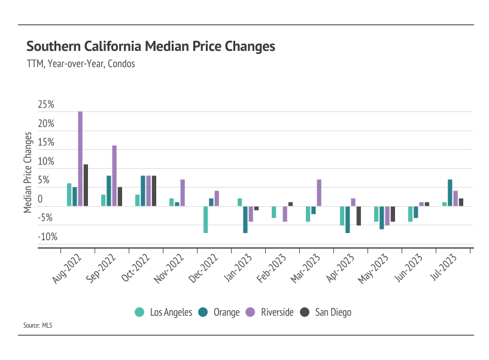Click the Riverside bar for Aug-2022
80,159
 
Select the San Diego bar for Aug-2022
86,185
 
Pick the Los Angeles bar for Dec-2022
205,219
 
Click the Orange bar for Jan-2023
245,219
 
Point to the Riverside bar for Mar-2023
319,193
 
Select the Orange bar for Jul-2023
450,193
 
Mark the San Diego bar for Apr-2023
359,216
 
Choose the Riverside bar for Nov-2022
183,193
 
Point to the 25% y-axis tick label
46,105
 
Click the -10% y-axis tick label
47,237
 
